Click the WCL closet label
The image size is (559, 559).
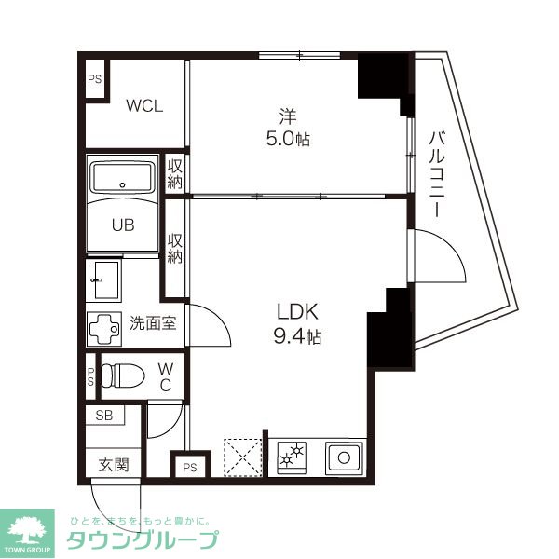144,105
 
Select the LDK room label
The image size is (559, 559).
295,311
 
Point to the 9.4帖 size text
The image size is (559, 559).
297,336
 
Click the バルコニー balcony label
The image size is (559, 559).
435,174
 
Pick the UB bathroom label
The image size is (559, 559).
123,224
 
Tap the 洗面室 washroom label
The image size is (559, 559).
153,324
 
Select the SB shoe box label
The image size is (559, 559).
103,416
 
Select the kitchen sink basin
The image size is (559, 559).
343,457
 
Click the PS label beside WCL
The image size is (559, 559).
94,79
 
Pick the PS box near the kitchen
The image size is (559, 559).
189,466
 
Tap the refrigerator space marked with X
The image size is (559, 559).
243,457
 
